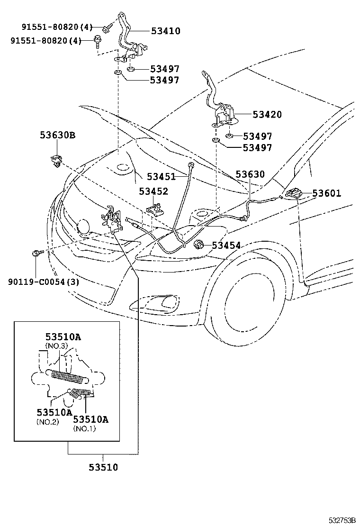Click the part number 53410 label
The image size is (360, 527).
pyautogui.click(x=166, y=31)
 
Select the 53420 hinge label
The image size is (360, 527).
pyautogui.click(x=267, y=115)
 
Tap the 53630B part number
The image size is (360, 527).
pyautogui.click(x=57, y=136)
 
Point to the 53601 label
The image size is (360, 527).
pyautogui.click(x=326, y=193)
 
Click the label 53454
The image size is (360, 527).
pyautogui.click(x=226, y=245)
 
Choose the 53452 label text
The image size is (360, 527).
pyautogui.click(x=153, y=191)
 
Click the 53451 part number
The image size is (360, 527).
pyautogui.click(x=161, y=176)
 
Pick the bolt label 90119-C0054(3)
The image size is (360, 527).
pyautogui.click(x=44, y=282)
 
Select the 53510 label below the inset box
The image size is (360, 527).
pyautogui.click(x=103, y=467)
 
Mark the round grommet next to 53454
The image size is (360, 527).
pyautogui.click(x=199, y=245)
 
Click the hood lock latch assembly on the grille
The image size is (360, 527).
pyautogui.click(x=111, y=218)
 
